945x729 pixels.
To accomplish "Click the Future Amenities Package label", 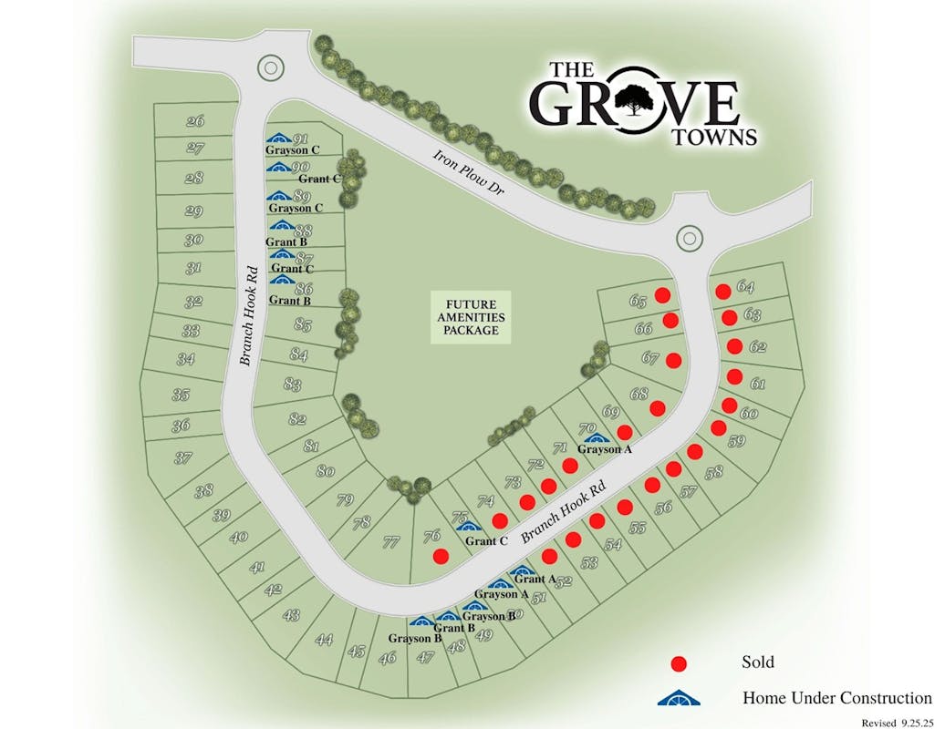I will point(472,317).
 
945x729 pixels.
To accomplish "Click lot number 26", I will point(194,121).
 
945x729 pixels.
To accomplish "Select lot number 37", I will point(183,457).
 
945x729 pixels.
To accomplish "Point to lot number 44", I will point(324,640).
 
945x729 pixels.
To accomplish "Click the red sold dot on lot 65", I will point(664,295).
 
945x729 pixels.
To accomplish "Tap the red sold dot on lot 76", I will point(441,556).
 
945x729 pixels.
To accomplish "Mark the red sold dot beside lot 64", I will point(722,292).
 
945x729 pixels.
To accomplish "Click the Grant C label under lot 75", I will point(486,541).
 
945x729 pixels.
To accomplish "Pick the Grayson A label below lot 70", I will point(604,449).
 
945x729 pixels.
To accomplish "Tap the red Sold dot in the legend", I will point(678,663).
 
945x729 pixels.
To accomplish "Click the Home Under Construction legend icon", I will point(678,699).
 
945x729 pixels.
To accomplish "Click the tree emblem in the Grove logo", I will point(633,101).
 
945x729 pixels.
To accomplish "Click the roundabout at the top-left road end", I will point(270,67).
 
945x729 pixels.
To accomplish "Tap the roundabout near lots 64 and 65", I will point(691,238).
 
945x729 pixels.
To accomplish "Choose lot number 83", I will point(292,385).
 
